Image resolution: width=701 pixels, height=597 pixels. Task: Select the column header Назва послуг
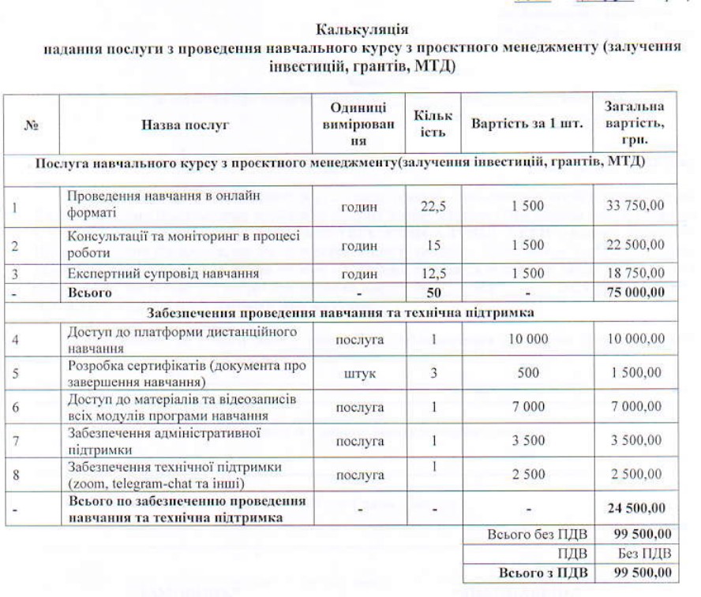point(185,125)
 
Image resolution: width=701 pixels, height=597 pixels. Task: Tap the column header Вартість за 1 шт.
point(527,125)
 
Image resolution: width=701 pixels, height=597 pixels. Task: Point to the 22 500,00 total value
point(635,245)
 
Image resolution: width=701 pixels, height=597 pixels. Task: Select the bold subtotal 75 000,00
point(635,293)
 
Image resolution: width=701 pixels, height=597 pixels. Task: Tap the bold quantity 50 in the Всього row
point(433,293)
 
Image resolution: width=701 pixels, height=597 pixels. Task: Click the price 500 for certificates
point(527,376)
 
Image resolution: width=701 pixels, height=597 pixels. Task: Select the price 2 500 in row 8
point(527,476)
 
